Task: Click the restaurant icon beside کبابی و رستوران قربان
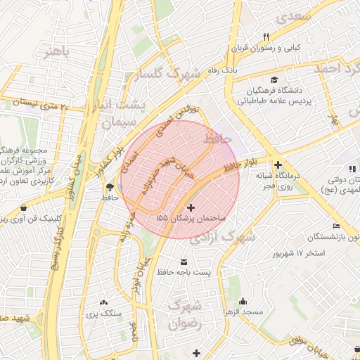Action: [x=266, y=37]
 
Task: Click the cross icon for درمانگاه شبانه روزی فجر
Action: [x=278, y=164]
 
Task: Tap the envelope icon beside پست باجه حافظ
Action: [x=185, y=261]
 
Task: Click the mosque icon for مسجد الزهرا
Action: [x=243, y=300]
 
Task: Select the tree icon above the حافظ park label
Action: [x=108, y=186]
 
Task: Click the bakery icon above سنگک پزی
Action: [x=104, y=302]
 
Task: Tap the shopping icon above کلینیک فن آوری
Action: [x=25, y=208]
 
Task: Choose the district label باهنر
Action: [x=56, y=53]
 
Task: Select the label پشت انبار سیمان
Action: [x=123, y=113]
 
